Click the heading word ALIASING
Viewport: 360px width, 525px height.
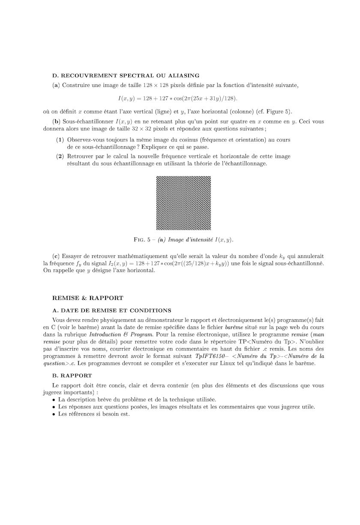click(x=183, y=75)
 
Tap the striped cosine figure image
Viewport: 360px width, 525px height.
click(x=183, y=203)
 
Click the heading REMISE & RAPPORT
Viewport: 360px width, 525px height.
click(x=87, y=298)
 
